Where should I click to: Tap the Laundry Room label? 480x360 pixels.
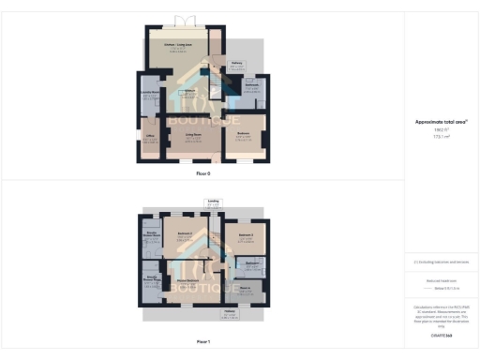147,93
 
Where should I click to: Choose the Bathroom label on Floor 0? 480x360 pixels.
250,86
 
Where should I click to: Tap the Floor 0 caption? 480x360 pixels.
202,174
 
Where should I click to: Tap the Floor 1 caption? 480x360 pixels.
202,342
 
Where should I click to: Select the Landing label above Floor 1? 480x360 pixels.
213,200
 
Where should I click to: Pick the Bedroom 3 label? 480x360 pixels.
246,233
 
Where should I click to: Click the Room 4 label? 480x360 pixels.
246,287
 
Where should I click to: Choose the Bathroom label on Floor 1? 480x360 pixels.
252,264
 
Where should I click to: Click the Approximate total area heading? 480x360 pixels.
441,122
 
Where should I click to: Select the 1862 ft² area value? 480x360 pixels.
441,130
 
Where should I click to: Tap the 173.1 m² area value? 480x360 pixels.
441,137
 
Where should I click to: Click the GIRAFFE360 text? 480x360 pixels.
441,335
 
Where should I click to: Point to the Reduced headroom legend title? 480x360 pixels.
441,279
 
